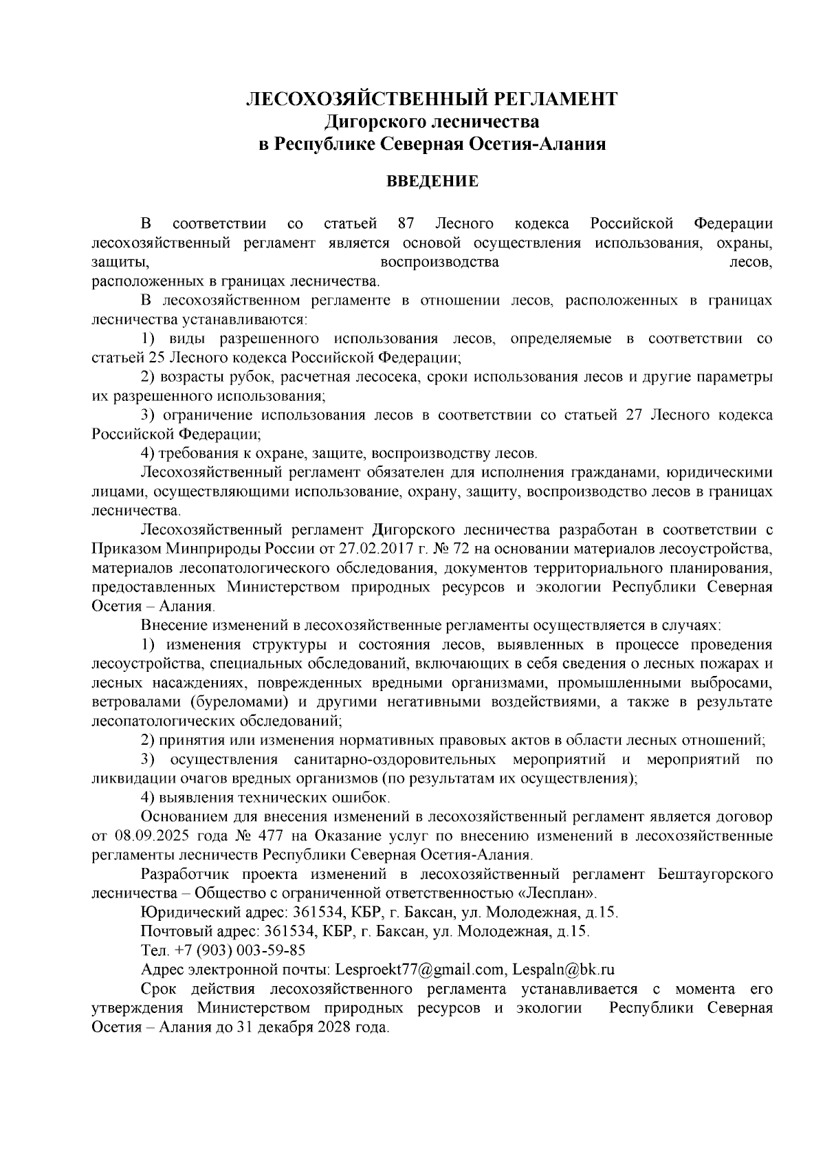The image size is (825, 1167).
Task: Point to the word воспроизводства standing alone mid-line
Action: tap(439, 262)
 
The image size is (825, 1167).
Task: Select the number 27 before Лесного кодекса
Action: tap(635, 415)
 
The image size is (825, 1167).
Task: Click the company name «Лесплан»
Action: tap(557, 893)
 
